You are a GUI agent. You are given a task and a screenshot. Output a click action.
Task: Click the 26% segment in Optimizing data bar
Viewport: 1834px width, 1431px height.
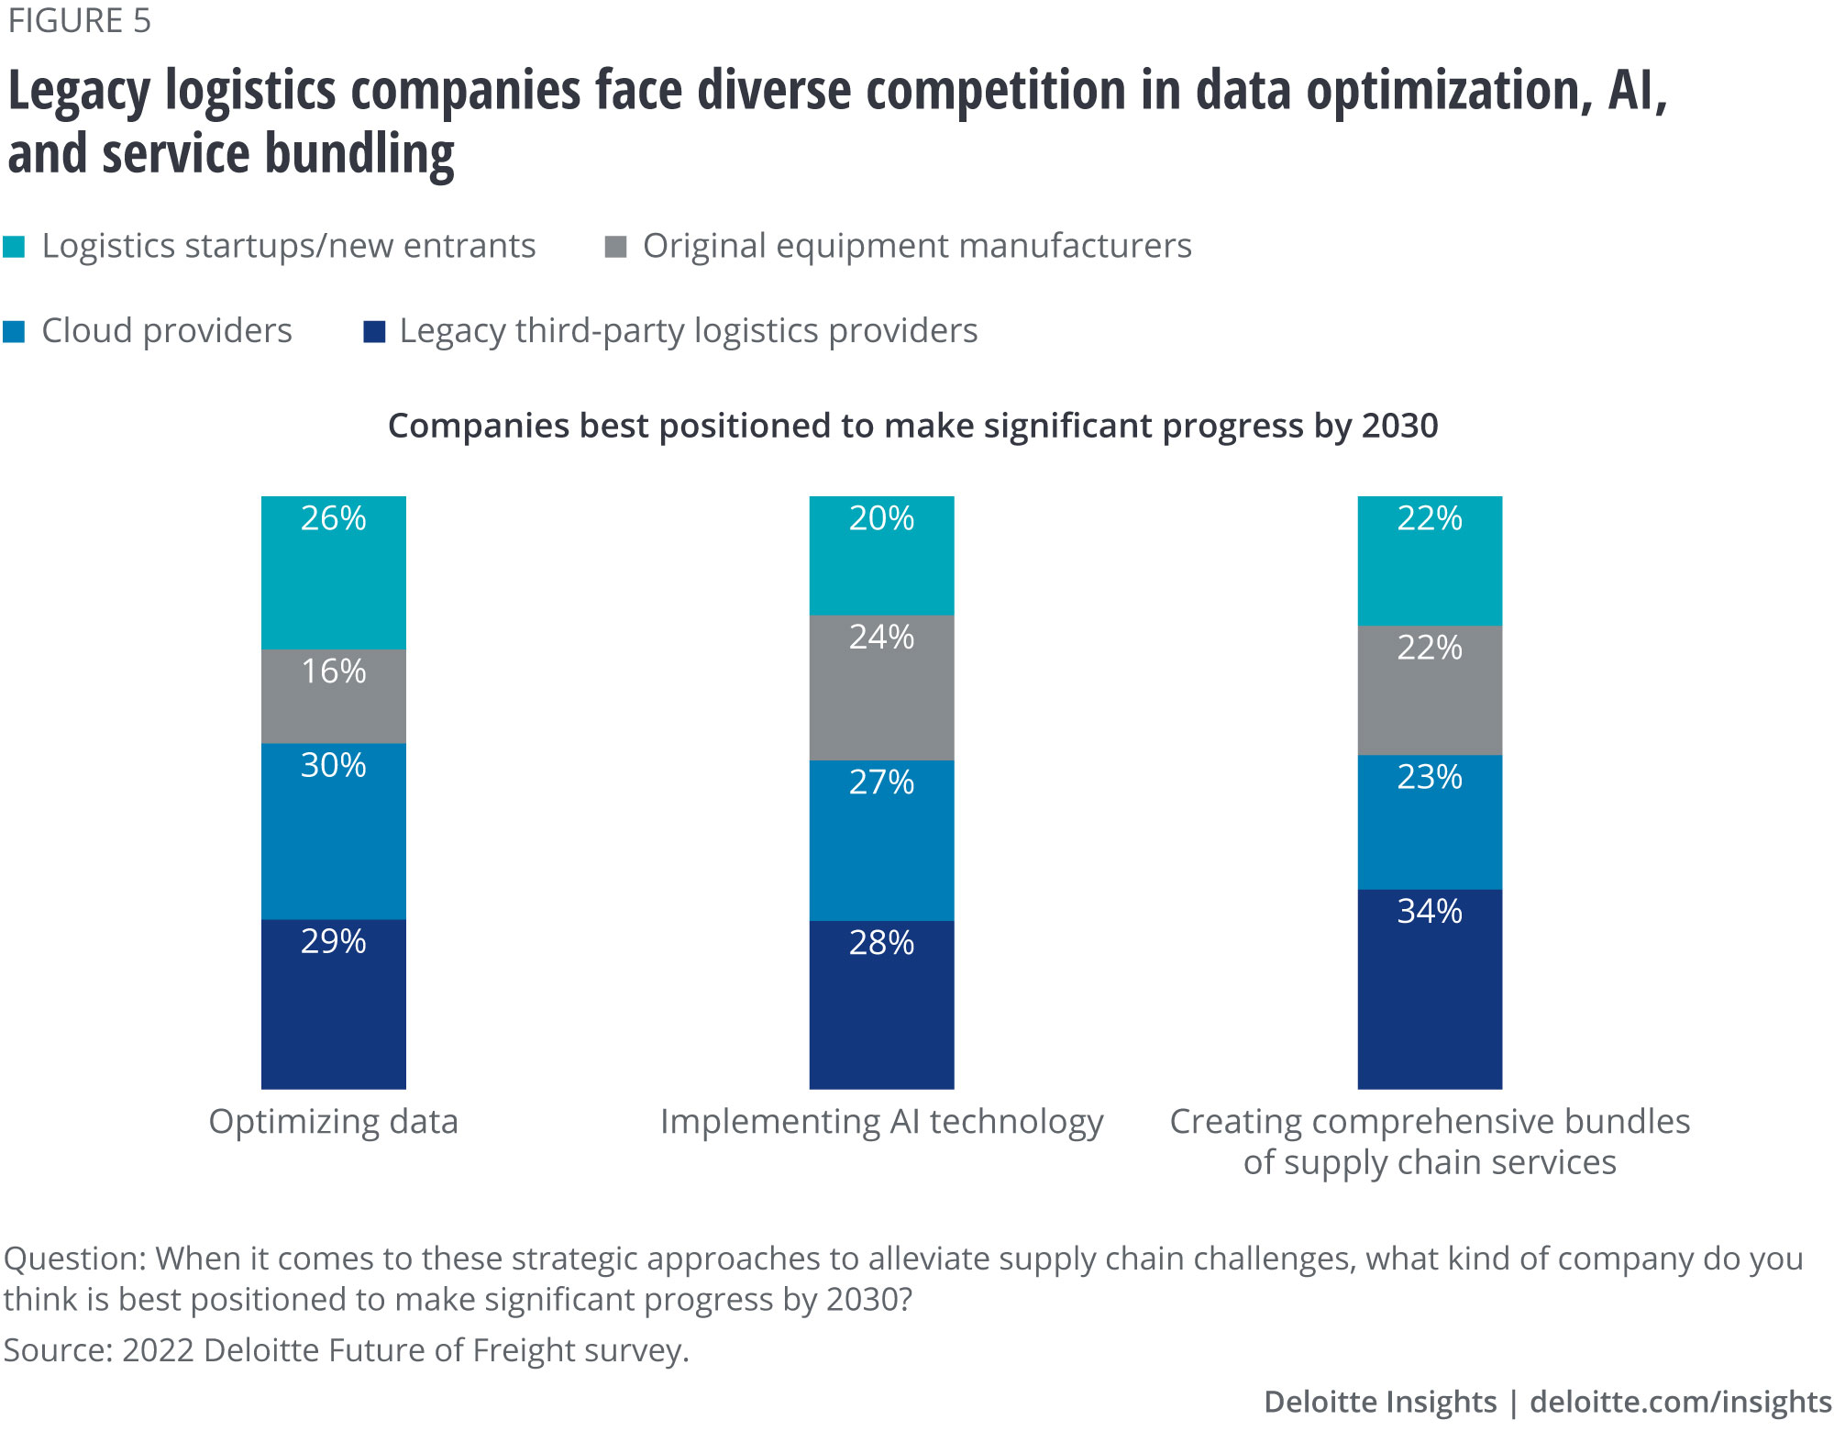(x=333, y=572)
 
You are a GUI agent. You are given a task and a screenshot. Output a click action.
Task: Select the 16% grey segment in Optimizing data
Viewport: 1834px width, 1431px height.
(x=333, y=695)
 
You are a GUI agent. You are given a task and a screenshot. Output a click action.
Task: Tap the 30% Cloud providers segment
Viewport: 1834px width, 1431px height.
(x=333, y=830)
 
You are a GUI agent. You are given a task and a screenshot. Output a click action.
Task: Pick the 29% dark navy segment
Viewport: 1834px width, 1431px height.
(x=333, y=1004)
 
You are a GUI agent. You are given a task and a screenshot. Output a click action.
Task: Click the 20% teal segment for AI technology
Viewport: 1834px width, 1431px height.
(x=881, y=555)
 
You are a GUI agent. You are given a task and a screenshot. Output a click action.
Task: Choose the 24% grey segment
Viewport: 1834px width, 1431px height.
(x=881, y=687)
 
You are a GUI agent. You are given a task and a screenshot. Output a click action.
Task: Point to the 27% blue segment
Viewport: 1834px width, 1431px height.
(x=881, y=839)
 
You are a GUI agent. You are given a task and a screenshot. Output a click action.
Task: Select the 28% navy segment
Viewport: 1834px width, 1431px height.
(x=881, y=1004)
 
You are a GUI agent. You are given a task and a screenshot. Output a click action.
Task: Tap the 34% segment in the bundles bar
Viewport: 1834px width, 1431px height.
(x=1430, y=989)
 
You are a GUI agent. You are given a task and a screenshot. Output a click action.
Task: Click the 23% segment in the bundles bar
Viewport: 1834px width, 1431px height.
(x=1430, y=822)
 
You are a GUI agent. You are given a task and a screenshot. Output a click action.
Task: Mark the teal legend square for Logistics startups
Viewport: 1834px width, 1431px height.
(x=15, y=247)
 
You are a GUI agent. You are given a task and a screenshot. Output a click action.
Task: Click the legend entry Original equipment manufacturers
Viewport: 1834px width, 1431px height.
(x=916, y=246)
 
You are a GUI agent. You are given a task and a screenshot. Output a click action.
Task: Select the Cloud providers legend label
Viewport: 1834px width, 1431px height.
(x=166, y=331)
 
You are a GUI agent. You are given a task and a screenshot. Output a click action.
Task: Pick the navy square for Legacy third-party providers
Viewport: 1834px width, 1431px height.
(x=374, y=331)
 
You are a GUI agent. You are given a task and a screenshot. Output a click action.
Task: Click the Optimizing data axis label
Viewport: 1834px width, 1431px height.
(x=333, y=1121)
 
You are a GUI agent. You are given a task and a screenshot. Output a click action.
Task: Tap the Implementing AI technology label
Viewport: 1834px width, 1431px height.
(x=881, y=1122)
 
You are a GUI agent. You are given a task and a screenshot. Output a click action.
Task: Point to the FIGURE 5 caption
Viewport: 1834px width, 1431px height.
(x=80, y=21)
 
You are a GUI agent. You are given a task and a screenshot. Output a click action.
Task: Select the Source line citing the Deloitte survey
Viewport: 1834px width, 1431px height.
(x=346, y=1350)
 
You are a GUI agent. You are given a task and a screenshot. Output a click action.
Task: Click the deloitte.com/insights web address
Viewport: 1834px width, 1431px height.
(x=1680, y=1402)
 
